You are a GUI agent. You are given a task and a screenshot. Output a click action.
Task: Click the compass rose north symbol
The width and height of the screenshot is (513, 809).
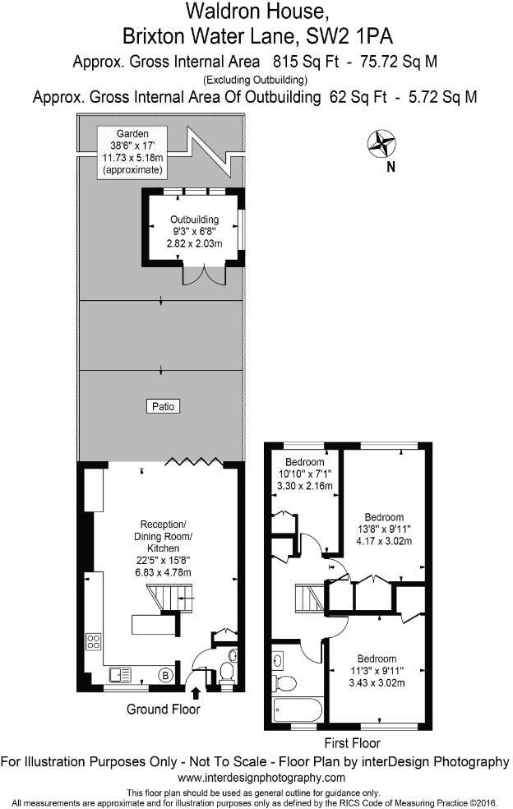tap(381, 145)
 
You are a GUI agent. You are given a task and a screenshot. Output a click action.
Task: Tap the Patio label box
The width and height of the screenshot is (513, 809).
tap(162, 406)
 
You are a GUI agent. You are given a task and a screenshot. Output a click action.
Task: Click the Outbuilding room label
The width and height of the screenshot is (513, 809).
tap(194, 231)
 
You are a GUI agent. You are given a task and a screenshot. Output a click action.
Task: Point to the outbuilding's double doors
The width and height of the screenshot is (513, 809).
tap(203, 275)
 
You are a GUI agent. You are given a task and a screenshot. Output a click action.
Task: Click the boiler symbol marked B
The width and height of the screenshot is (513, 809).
tap(165, 675)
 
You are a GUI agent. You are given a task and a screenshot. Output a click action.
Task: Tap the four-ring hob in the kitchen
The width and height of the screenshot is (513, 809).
tap(94, 640)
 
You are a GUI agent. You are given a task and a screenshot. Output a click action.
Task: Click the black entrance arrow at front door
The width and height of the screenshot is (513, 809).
tap(196, 698)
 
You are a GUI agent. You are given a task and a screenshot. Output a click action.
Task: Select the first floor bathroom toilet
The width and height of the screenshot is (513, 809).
tap(285, 683)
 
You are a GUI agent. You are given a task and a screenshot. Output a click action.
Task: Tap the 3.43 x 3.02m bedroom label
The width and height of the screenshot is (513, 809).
tap(376, 670)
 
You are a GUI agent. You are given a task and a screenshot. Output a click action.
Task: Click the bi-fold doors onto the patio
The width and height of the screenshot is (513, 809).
tap(194, 463)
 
